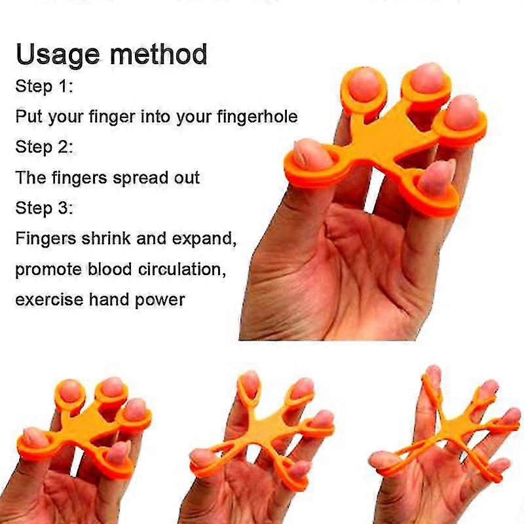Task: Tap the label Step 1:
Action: (45, 86)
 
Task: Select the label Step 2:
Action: (45, 147)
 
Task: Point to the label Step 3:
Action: (45, 208)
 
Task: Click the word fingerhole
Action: (258, 117)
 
